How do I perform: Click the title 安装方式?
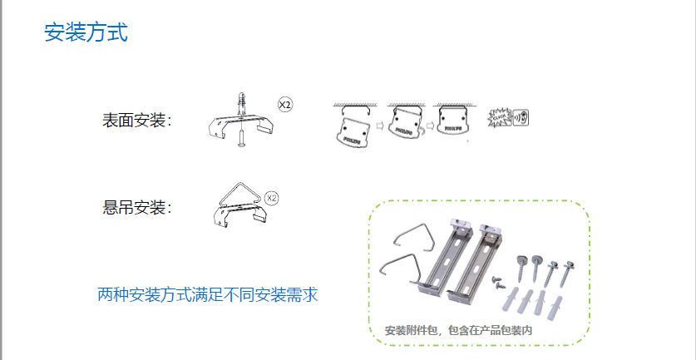click(86, 33)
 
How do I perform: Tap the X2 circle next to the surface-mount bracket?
click(285, 106)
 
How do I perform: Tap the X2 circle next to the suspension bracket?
click(271, 198)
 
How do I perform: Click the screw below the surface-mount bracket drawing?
click(240, 138)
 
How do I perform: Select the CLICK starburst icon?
click(500, 118)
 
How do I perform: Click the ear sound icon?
click(521, 117)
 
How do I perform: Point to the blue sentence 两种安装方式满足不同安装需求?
click(208, 294)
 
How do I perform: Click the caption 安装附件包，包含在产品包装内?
click(458, 330)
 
